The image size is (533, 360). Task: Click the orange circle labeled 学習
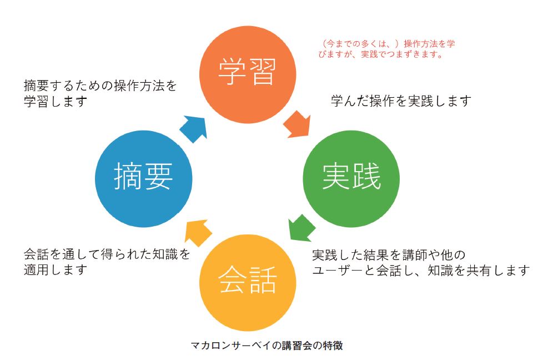tap(248, 74)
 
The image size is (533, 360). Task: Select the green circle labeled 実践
tap(351, 179)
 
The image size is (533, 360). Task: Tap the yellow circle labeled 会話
tap(248, 282)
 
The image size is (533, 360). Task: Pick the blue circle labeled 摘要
tap(144, 179)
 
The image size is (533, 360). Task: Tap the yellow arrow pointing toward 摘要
tap(198, 232)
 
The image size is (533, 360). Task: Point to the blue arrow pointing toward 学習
tap(194, 128)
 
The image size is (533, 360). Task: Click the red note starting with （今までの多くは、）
tap(386, 49)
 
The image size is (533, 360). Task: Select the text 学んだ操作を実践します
tap(401, 101)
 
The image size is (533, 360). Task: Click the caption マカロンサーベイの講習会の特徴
tap(267, 346)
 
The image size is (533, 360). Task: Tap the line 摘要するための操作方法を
tap(100, 86)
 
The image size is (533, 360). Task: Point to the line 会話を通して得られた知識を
tap(107, 254)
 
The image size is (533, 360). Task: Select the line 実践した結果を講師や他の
tap(389, 255)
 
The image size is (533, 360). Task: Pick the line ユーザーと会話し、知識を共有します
tap(421, 271)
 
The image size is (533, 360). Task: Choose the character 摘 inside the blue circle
tap(128, 176)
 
